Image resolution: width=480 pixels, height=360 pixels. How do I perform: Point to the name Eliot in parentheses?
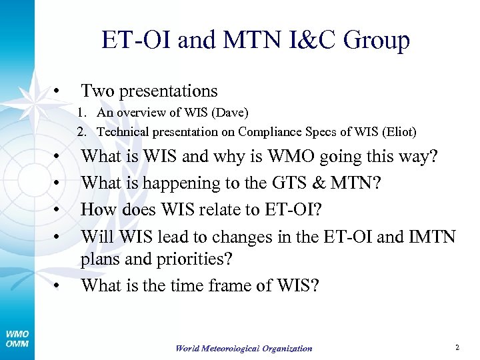[x=397, y=132]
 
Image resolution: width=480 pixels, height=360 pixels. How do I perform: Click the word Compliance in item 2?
[x=267, y=132]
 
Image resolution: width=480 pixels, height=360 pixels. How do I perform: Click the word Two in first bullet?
[x=99, y=91]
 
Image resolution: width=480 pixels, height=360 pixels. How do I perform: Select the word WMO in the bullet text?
[x=289, y=157]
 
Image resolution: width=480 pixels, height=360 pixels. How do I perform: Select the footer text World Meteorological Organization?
[x=244, y=349]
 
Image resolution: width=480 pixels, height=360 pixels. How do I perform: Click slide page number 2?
[x=457, y=347]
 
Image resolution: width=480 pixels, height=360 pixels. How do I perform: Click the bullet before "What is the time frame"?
[x=58, y=287]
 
